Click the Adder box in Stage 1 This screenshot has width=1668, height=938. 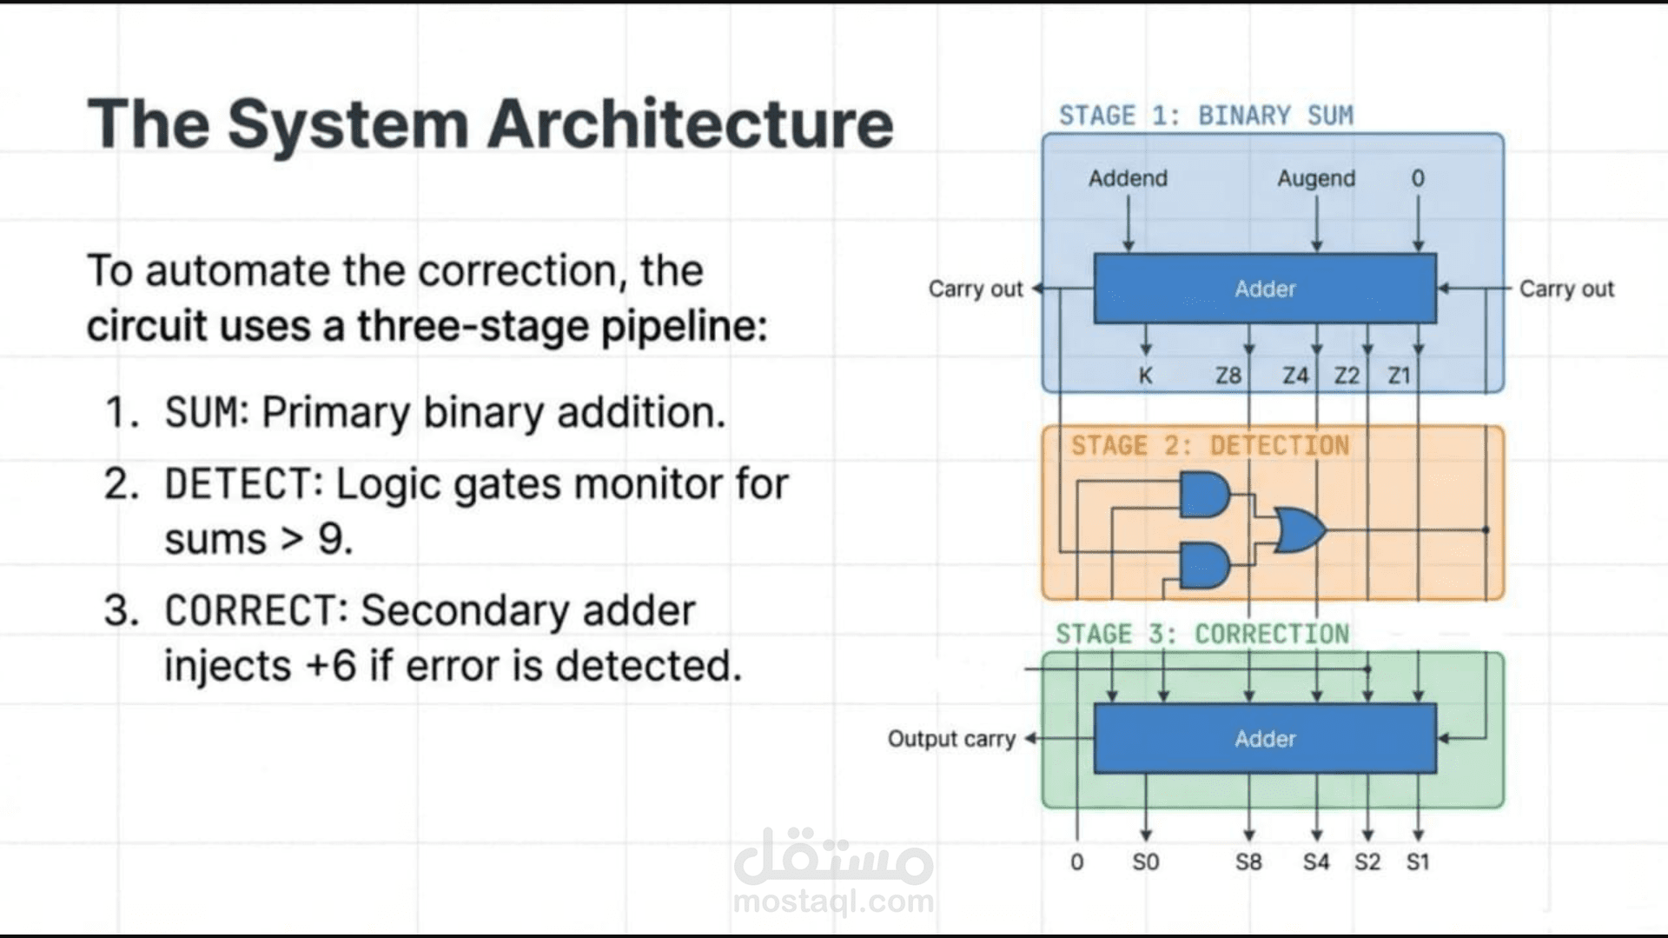point(1264,289)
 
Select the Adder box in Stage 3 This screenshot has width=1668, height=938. point(1264,738)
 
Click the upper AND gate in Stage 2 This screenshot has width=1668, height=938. point(1204,496)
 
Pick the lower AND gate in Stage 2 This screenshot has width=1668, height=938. point(1204,566)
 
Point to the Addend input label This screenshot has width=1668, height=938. point(1128,178)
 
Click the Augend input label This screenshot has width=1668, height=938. point(1315,178)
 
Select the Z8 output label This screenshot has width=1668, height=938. point(1228,376)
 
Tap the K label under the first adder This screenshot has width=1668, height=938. point(1145,376)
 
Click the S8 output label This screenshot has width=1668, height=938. point(1248,861)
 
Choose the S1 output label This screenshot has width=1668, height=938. point(1418,861)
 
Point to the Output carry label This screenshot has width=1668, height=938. point(951,739)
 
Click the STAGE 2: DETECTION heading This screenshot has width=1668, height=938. point(1209,446)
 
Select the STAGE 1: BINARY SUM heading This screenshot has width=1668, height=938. point(1206,116)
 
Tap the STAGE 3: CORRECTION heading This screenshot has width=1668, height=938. point(1202,634)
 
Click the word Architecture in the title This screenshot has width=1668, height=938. point(690,123)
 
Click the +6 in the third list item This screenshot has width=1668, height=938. point(331,666)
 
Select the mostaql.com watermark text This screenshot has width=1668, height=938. point(833,901)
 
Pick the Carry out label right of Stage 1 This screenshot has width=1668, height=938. point(1565,289)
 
